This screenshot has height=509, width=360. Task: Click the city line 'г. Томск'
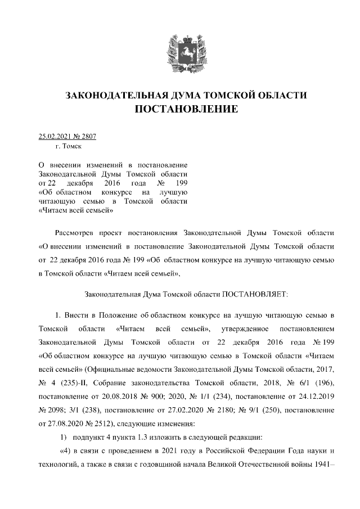click(68, 146)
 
